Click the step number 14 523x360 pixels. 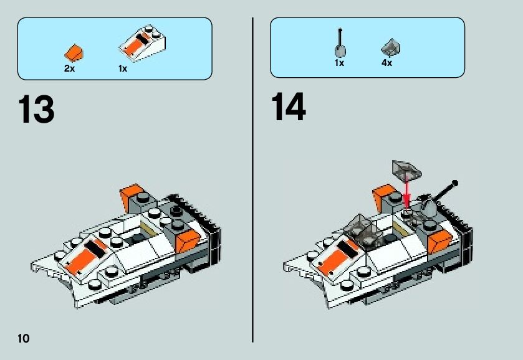(x=289, y=108)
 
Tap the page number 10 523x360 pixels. (x=24, y=338)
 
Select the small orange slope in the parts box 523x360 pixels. (x=75, y=52)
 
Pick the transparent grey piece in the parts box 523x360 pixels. (x=390, y=48)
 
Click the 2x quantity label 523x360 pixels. (x=69, y=69)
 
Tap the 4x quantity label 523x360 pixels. (x=386, y=64)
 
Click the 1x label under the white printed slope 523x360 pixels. (x=123, y=69)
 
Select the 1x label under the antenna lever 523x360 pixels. (x=339, y=64)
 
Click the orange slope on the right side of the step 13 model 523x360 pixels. (x=187, y=239)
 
